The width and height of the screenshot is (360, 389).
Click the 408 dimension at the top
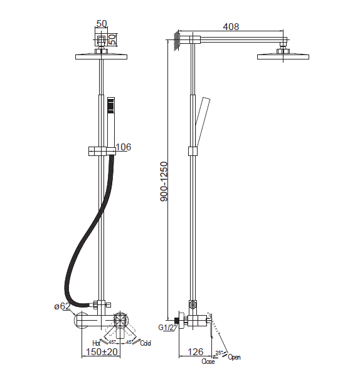click(x=231, y=26)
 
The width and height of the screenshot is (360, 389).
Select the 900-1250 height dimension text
click(x=164, y=182)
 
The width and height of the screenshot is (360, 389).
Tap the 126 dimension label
click(x=195, y=351)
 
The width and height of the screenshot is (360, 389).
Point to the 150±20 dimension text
click(x=102, y=351)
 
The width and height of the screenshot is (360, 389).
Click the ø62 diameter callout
click(x=62, y=306)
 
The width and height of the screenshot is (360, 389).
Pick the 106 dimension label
click(x=124, y=147)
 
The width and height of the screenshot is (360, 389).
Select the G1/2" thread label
click(x=166, y=328)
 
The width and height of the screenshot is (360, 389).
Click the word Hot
click(x=96, y=343)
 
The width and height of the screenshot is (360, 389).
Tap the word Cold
click(x=146, y=343)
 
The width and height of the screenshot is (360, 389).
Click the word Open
click(x=234, y=357)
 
